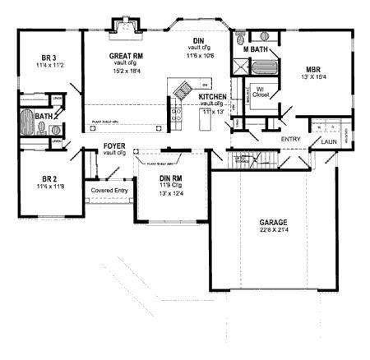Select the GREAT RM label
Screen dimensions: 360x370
pos(127,57)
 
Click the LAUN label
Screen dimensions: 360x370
pos(330,141)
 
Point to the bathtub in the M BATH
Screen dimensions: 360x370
pos(265,36)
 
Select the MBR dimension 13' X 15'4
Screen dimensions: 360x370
pos(314,77)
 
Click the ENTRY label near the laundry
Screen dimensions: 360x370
pos(290,139)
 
